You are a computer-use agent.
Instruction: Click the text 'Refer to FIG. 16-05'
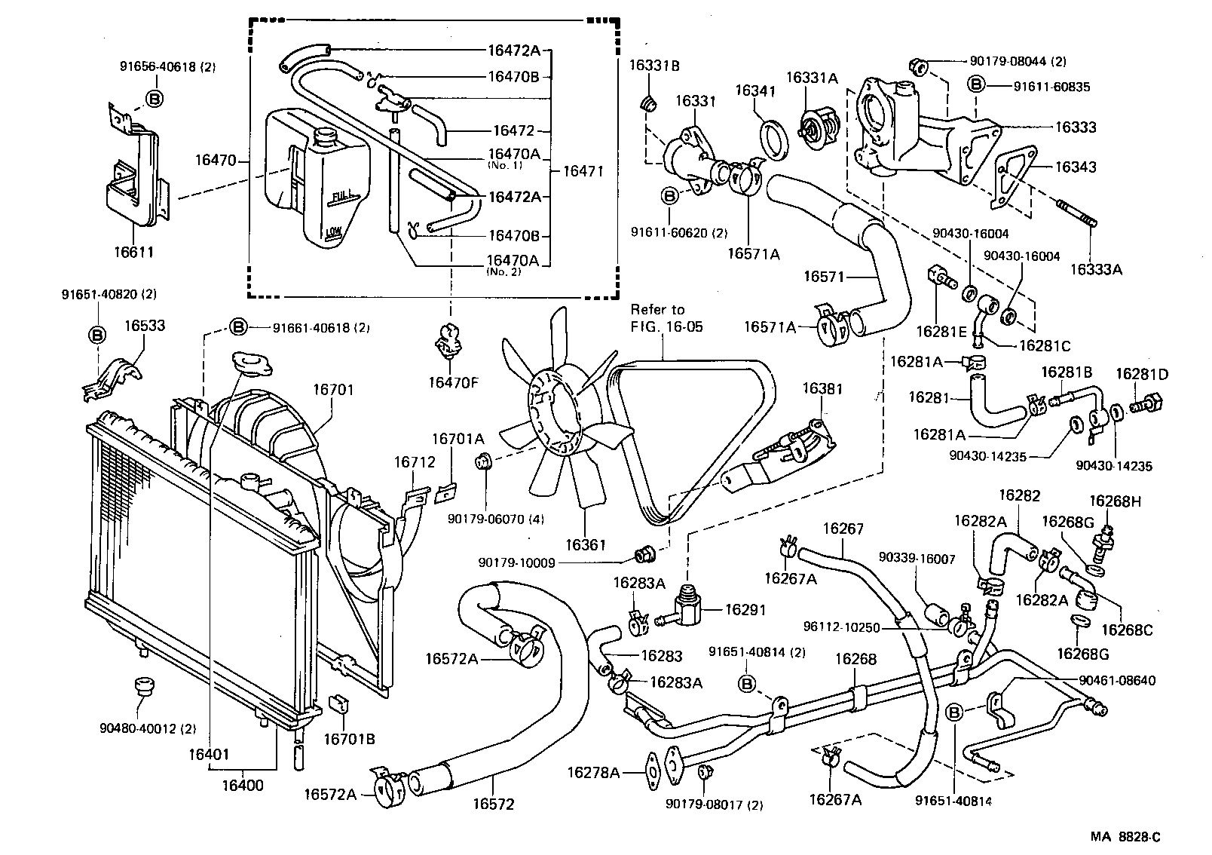[658, 317]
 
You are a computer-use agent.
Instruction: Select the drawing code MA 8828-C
[1125, 837]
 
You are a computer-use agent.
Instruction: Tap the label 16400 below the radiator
[243, 786]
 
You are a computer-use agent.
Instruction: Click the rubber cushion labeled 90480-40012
[141, 686]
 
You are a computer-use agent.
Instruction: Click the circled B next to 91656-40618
[154, 98]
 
